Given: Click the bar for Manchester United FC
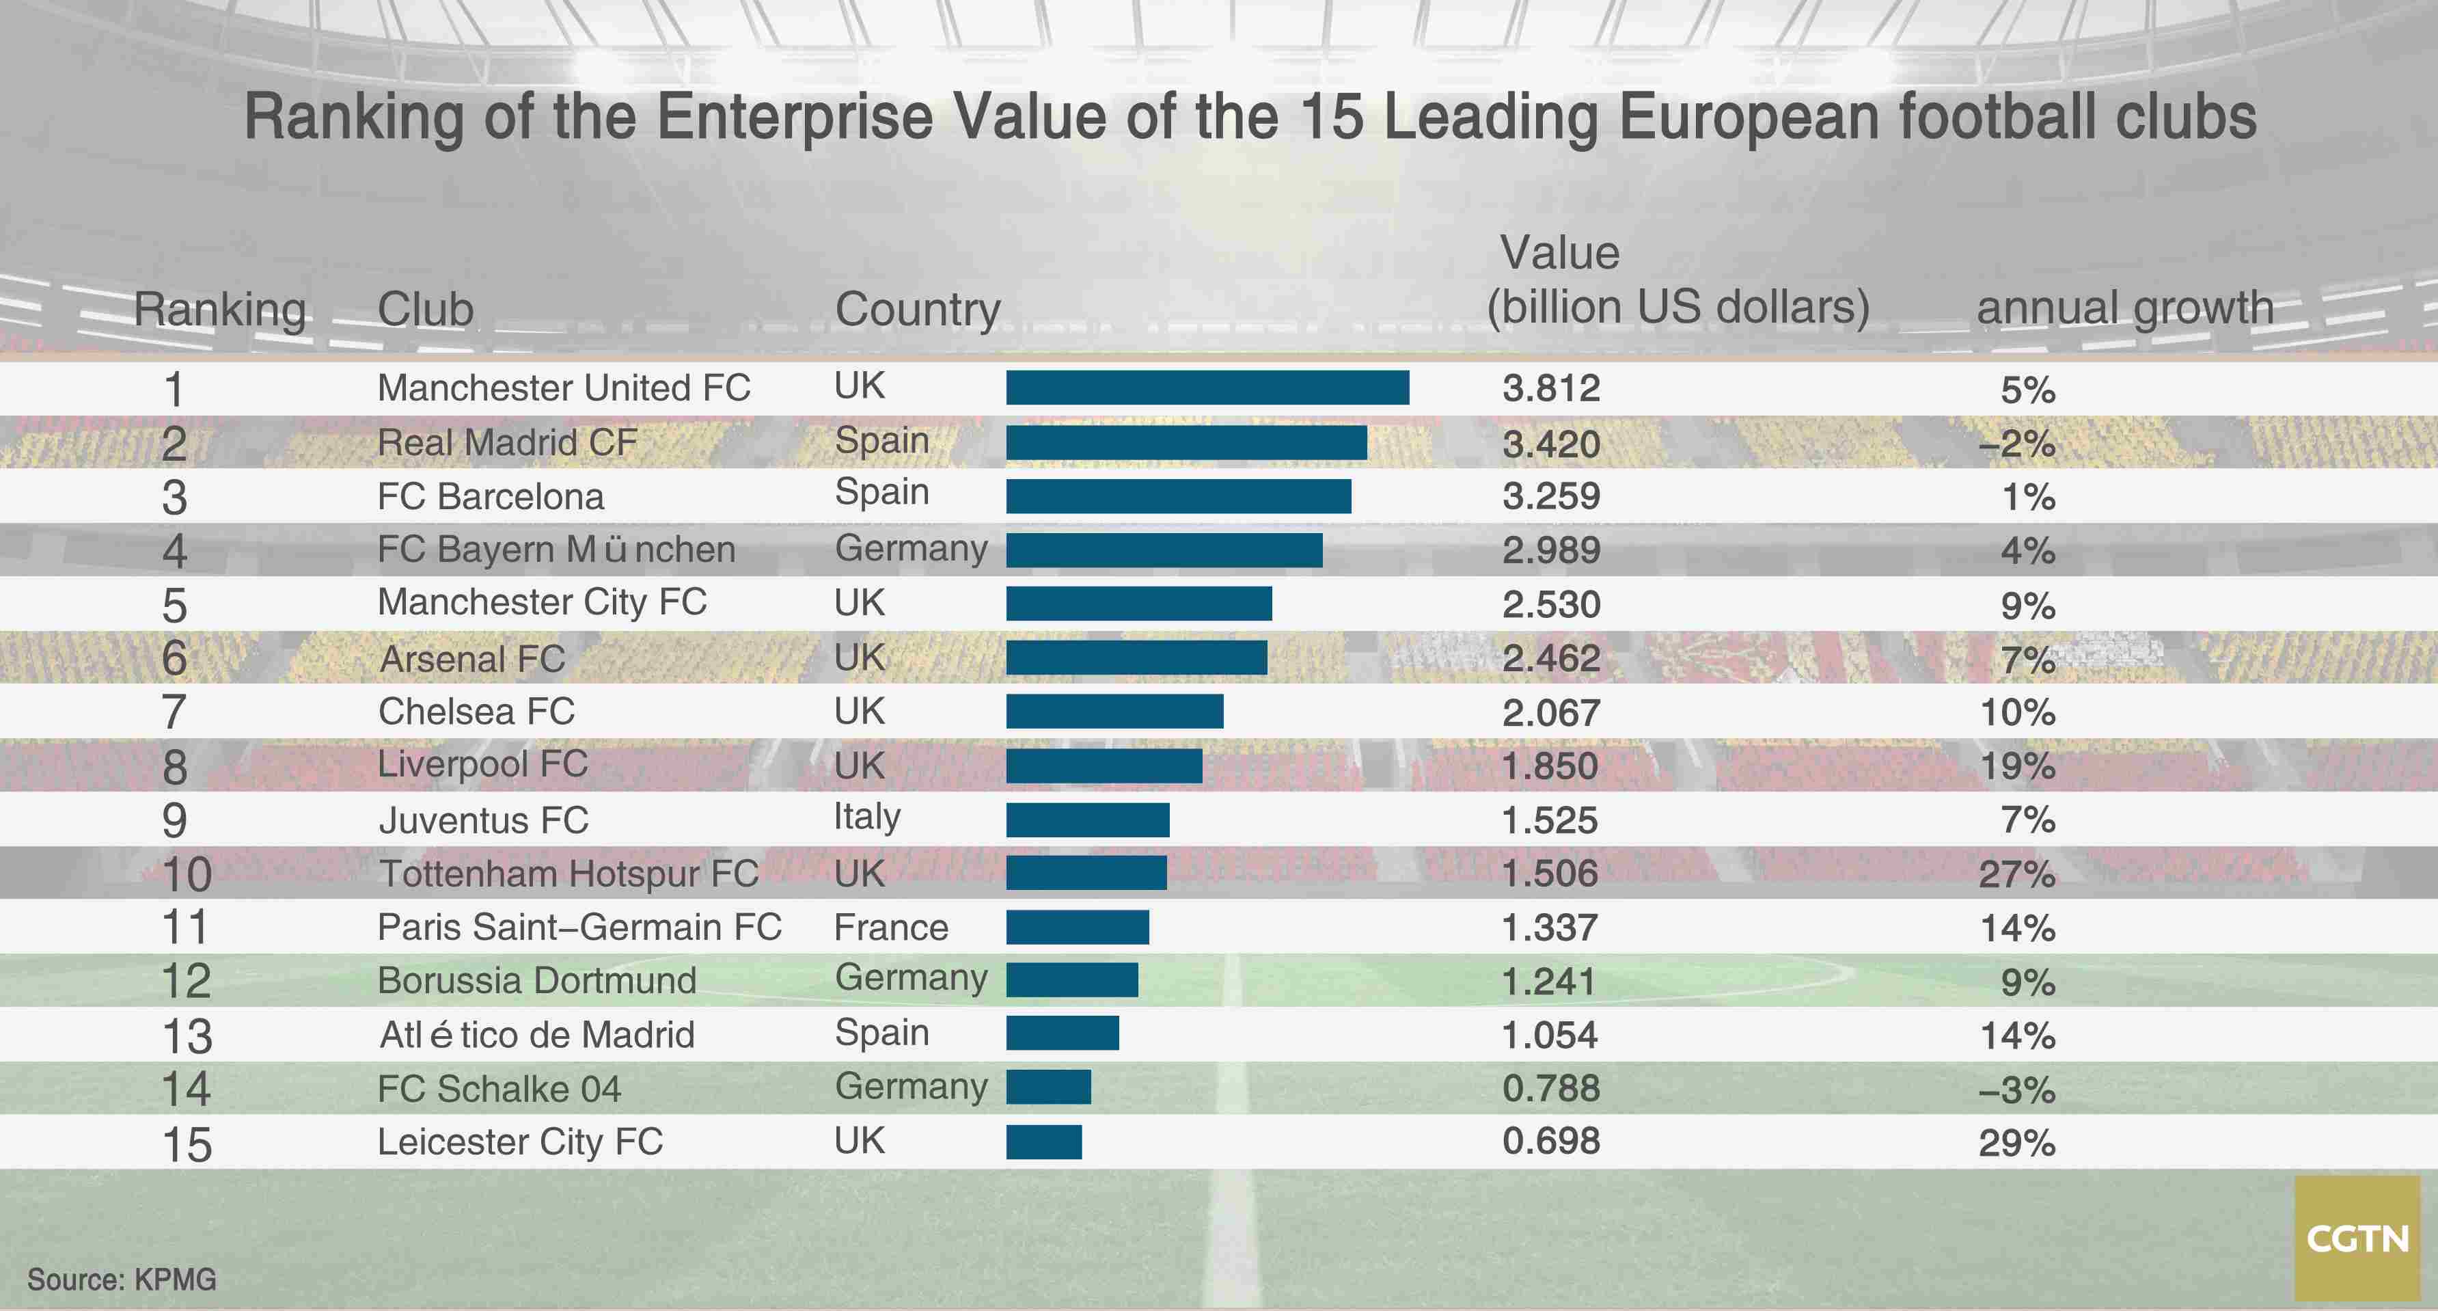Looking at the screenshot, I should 1207,387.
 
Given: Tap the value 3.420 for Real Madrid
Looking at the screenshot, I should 1550,444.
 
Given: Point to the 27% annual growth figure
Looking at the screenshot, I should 2017,874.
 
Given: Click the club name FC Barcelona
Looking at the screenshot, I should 490,496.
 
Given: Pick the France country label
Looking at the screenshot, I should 890,928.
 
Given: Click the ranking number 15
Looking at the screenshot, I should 187,1144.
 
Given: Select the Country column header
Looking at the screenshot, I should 917,310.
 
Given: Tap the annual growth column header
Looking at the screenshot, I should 2125,308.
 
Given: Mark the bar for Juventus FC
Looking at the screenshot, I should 1087,820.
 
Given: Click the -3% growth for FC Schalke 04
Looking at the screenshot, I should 2017,1090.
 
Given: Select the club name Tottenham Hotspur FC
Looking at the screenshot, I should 568,874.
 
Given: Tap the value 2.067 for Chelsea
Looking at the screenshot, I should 1550,712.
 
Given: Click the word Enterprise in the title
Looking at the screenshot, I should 795,118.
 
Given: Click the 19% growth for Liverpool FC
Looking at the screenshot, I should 2017,766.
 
